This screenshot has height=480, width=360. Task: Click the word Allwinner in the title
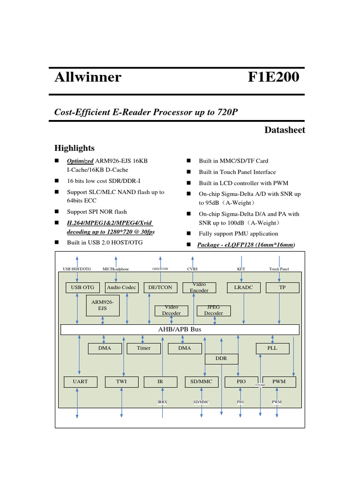88,77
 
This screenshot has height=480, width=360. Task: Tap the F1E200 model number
273,77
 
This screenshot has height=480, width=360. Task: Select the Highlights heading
74,148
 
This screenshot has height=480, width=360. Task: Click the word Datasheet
285,130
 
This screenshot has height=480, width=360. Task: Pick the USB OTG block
82,287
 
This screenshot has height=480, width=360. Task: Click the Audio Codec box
122,287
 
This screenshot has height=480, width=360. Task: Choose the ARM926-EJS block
102,305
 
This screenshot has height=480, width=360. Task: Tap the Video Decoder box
171,310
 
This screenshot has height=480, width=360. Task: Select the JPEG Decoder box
213,310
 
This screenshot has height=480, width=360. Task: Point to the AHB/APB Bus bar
180,330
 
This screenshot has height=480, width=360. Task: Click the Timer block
143,348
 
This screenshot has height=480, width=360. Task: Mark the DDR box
221,359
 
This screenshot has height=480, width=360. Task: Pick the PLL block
272,348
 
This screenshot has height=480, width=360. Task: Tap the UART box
80,382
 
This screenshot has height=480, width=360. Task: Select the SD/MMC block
202,382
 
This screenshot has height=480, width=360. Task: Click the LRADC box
243,287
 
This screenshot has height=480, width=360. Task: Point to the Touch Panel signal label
279,269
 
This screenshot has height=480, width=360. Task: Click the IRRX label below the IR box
162,402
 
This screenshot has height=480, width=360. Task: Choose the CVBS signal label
192,269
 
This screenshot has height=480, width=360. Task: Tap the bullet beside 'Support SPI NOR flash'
57,211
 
